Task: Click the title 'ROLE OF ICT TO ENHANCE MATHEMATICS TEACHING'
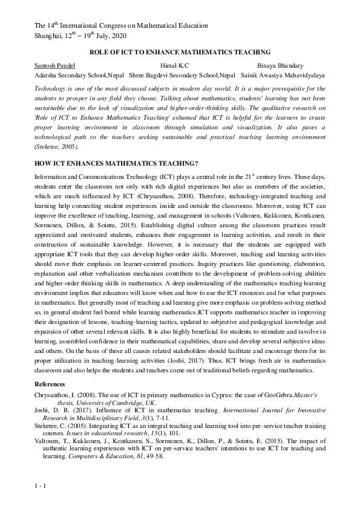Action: [x=180, y=53]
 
